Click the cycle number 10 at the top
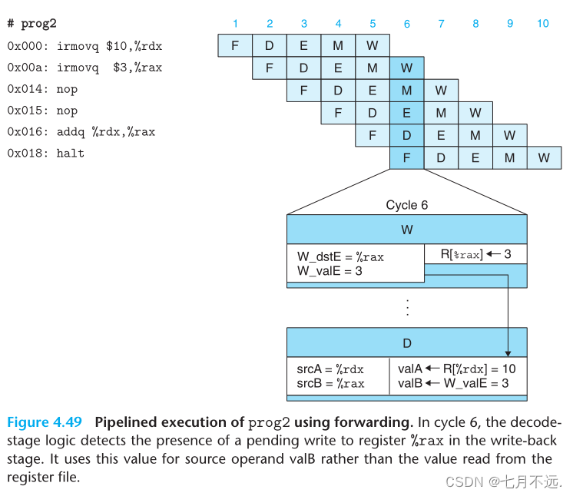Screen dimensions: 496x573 point(543,24)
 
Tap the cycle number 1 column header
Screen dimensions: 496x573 point(235,24)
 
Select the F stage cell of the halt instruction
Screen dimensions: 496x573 point(406,158)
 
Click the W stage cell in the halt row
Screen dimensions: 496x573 point(544,158)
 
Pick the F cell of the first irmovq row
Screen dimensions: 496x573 point(235,45)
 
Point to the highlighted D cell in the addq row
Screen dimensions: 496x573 point(406,136)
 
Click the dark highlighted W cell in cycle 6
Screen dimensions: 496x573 point(406,68)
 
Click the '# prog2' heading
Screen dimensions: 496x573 point(31,24)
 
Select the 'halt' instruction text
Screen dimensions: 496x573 point(70,154)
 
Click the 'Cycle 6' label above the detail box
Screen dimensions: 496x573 point(406,205)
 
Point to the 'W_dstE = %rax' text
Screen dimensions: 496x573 point(340,257)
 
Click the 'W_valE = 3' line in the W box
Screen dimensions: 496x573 point(330,271)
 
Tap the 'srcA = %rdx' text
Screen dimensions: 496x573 point(330,369)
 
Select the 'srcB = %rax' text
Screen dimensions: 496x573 point(330,383)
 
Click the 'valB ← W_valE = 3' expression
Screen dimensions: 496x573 point(453,383)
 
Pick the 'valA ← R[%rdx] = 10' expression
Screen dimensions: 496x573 point(456,369)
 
